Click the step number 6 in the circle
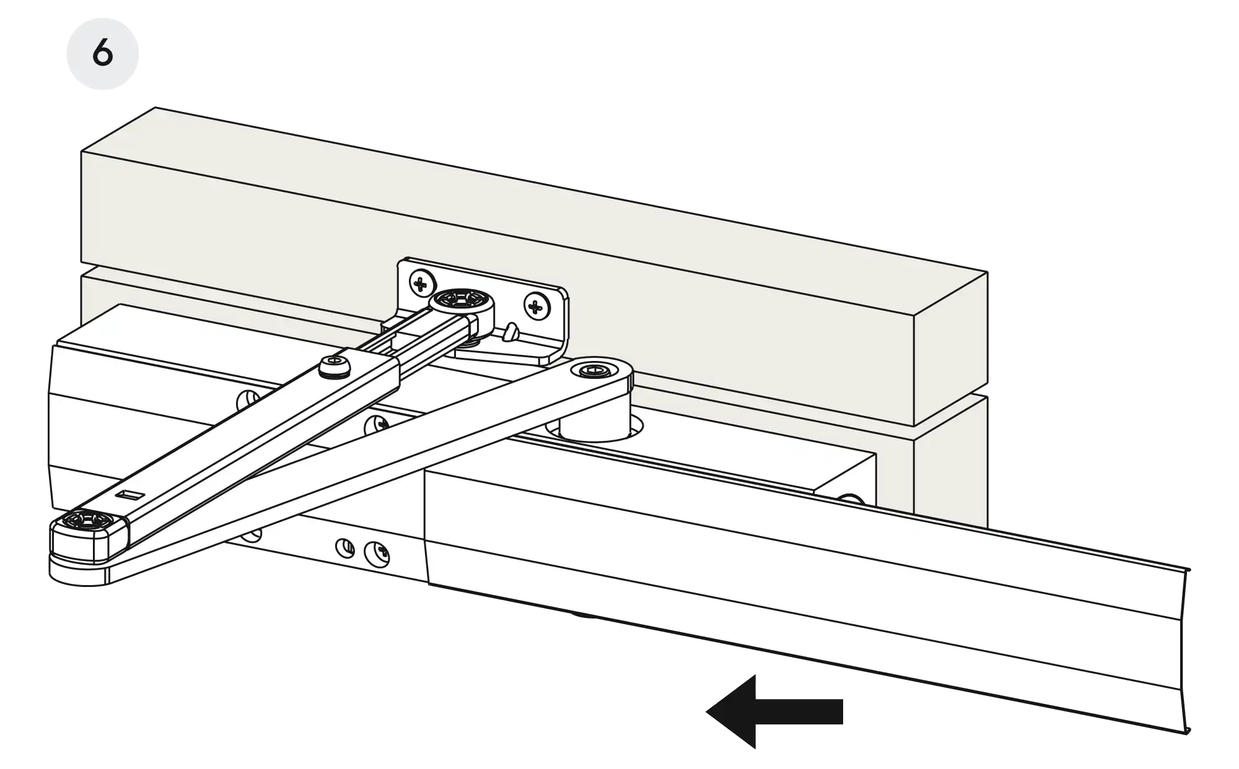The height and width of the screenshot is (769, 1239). pos(103,53)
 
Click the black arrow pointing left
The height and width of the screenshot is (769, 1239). pos(774,711)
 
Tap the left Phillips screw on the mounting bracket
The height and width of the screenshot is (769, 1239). pos(421,284)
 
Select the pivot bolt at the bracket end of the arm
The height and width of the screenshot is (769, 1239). pos(462,302)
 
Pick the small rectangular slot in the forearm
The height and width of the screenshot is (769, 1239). pos(129,494)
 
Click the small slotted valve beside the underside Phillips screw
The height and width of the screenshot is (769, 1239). pos(345,547)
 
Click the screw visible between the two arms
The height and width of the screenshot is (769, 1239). pos(376,425)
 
